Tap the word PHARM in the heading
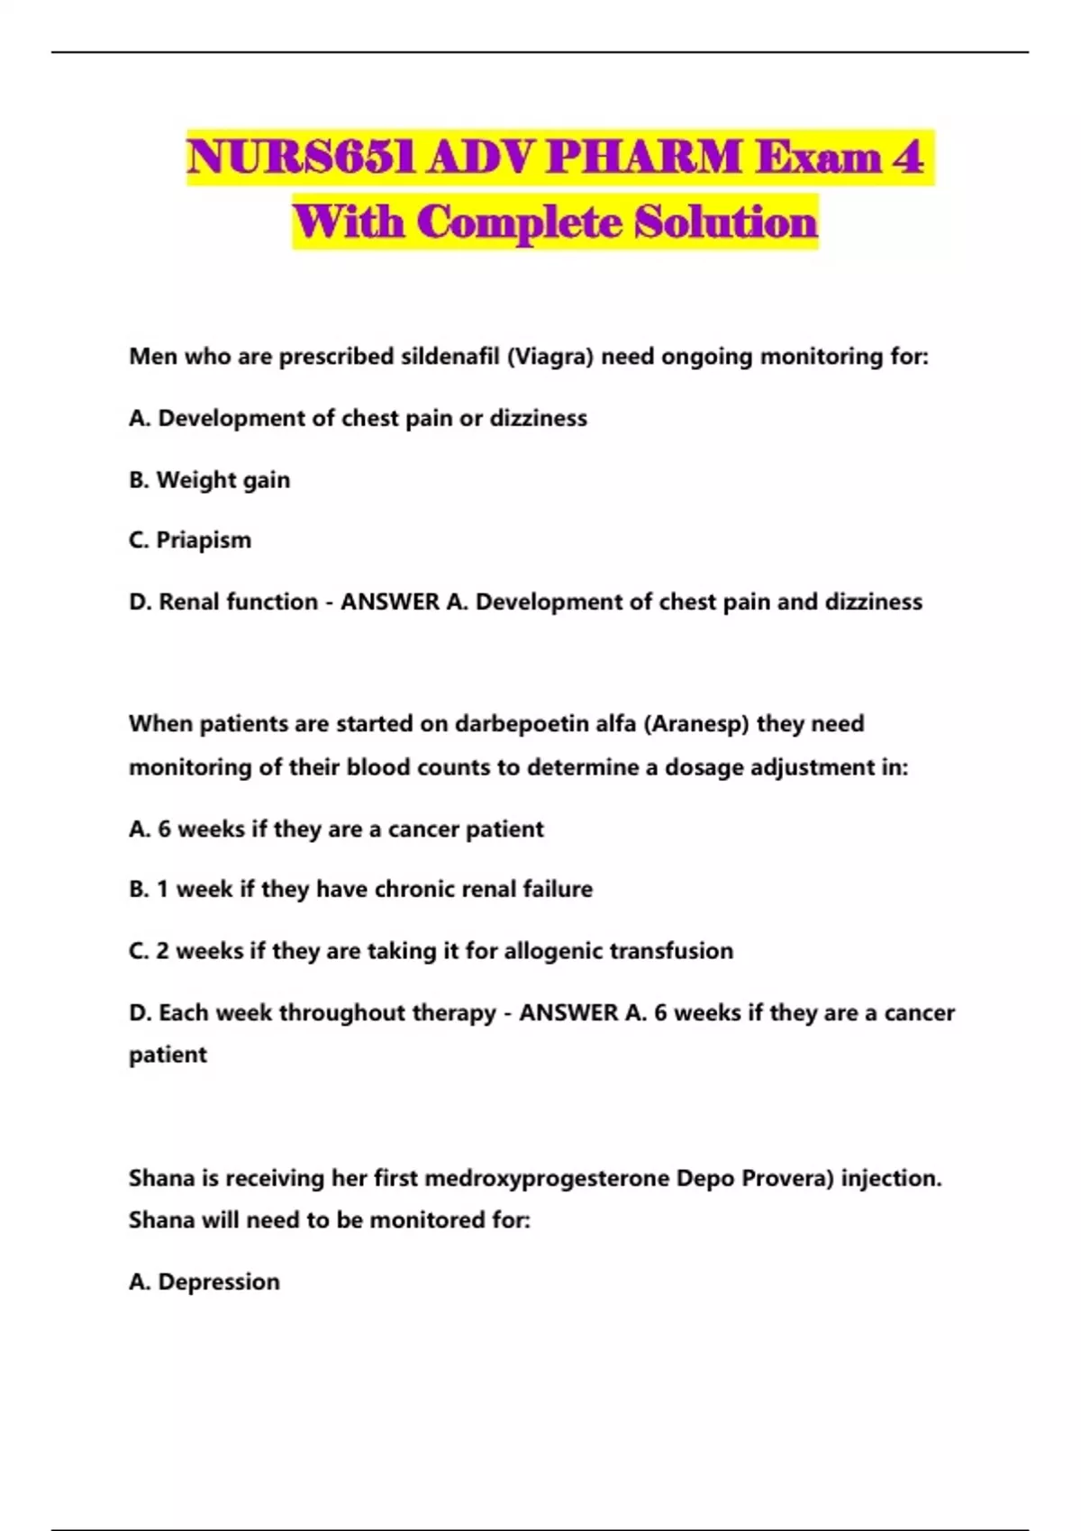[642, 158]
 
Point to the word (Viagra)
[550, 357]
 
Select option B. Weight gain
[210, 480]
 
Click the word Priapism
[204, 540]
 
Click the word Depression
[219, 1282]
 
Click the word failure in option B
[559, 890]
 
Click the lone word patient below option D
[168, 1055]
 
